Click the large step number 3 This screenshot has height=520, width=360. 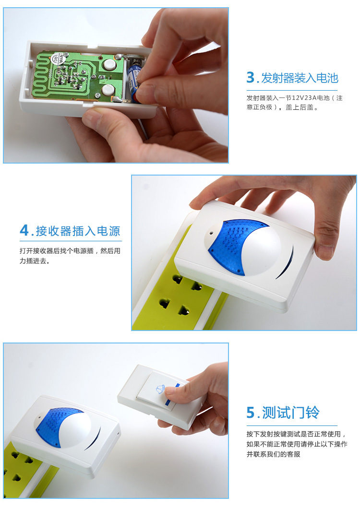250,78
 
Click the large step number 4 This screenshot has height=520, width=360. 24,230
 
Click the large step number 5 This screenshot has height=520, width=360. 250,413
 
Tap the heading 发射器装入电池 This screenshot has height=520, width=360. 300,78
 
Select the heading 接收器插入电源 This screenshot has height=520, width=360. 78,231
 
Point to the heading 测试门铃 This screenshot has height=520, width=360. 291,413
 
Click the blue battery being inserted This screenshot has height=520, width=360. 134,82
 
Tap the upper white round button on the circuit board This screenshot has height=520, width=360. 108,64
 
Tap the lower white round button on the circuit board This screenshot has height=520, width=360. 108,90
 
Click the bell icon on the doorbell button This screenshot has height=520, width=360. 160,389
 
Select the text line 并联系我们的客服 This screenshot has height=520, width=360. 274,454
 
